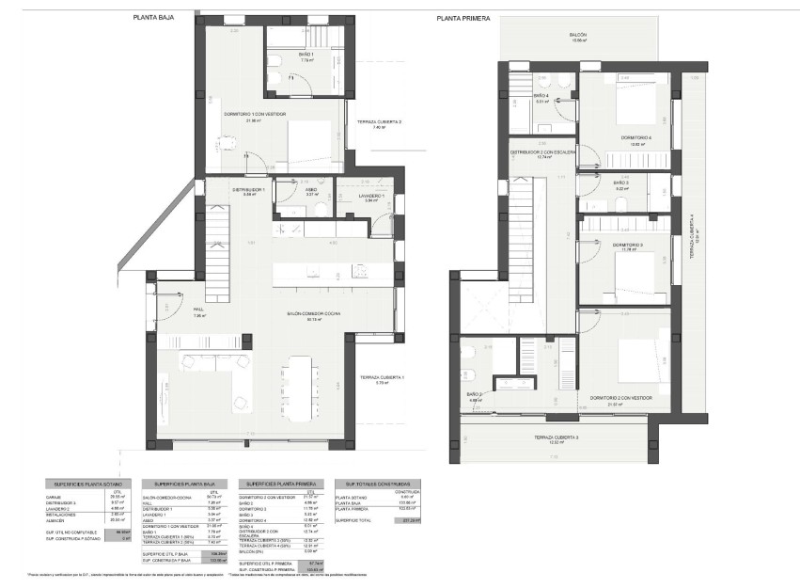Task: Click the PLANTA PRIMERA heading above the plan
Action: [460, 17]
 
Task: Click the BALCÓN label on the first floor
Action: [577, 36]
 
